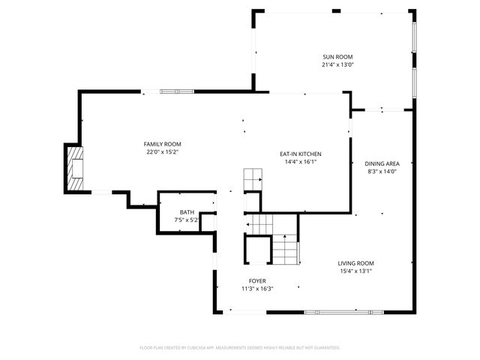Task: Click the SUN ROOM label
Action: (x=337, y=57)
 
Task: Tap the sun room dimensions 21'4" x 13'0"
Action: (x=337, y=65)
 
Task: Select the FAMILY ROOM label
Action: (x=163, y=144)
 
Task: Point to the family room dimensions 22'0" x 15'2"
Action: (x=163, y=152)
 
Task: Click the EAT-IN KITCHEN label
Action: (x=301, y=154)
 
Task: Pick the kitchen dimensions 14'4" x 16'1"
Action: (x=301, y=162)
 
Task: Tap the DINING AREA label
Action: (x=382, y=163)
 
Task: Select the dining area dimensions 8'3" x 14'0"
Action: (x=382, y=172)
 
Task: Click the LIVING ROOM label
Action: (x=355, y=263)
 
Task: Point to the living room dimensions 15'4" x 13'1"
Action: (x=355, y=271)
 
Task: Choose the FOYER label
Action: (x=257, y=280)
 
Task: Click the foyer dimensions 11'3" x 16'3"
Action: (x=257, y=289)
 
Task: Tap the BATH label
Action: (x=187, y=212)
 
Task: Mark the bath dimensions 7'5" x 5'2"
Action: (x=187, y=220)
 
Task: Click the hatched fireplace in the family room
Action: (x=75, y=169)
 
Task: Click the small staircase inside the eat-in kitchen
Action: (x=253, y=180)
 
